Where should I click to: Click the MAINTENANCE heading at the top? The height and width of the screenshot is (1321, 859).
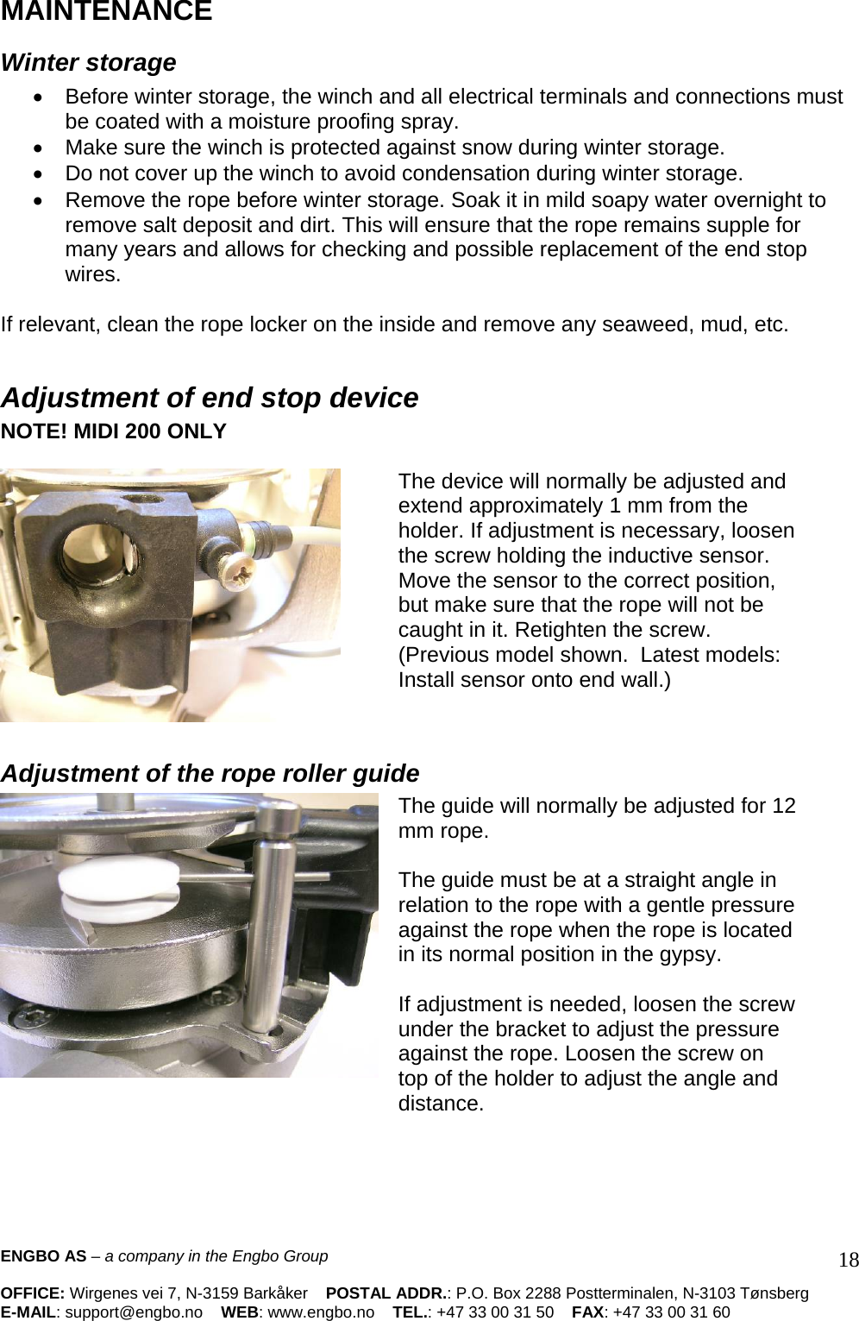(106, 11)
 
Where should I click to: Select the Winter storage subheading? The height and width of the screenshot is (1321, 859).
(89, 63)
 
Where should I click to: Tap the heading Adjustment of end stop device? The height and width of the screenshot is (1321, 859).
(210, 398)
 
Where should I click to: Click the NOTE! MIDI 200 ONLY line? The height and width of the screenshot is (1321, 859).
(113, 431)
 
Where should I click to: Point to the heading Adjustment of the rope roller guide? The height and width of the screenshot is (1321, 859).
(210, 773)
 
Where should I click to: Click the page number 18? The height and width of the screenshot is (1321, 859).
(849, 1260)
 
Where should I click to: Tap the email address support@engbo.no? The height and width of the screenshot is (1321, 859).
(134, 1312)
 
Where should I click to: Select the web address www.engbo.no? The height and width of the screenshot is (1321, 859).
(321, 1312)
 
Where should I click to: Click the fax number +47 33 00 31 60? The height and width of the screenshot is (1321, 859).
(671, 1312)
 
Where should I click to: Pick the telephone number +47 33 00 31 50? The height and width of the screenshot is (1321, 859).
(495, 1312)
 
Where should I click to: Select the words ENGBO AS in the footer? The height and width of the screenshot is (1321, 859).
(43, 1256)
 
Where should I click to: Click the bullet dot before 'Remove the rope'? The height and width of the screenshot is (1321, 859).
(38, 201)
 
